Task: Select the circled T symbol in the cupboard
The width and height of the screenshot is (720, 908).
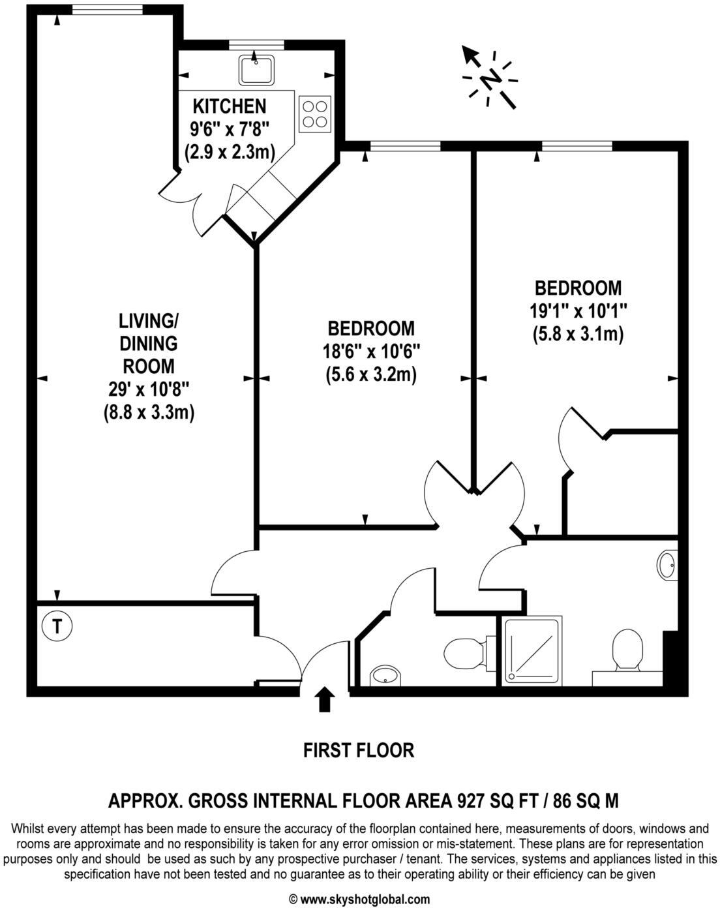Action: pos(57,626)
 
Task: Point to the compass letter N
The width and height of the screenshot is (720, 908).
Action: pos(490,79)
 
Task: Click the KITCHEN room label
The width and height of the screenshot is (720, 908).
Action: pos(229,106)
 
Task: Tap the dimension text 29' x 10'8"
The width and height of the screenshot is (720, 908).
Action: pos(149,389)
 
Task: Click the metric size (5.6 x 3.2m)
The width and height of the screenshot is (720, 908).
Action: pos(370,374)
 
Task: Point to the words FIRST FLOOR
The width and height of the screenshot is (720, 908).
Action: pos(359,750)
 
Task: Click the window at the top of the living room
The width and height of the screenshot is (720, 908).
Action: pos(108,8)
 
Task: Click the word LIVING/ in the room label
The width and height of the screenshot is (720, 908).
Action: pos(148,320)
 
